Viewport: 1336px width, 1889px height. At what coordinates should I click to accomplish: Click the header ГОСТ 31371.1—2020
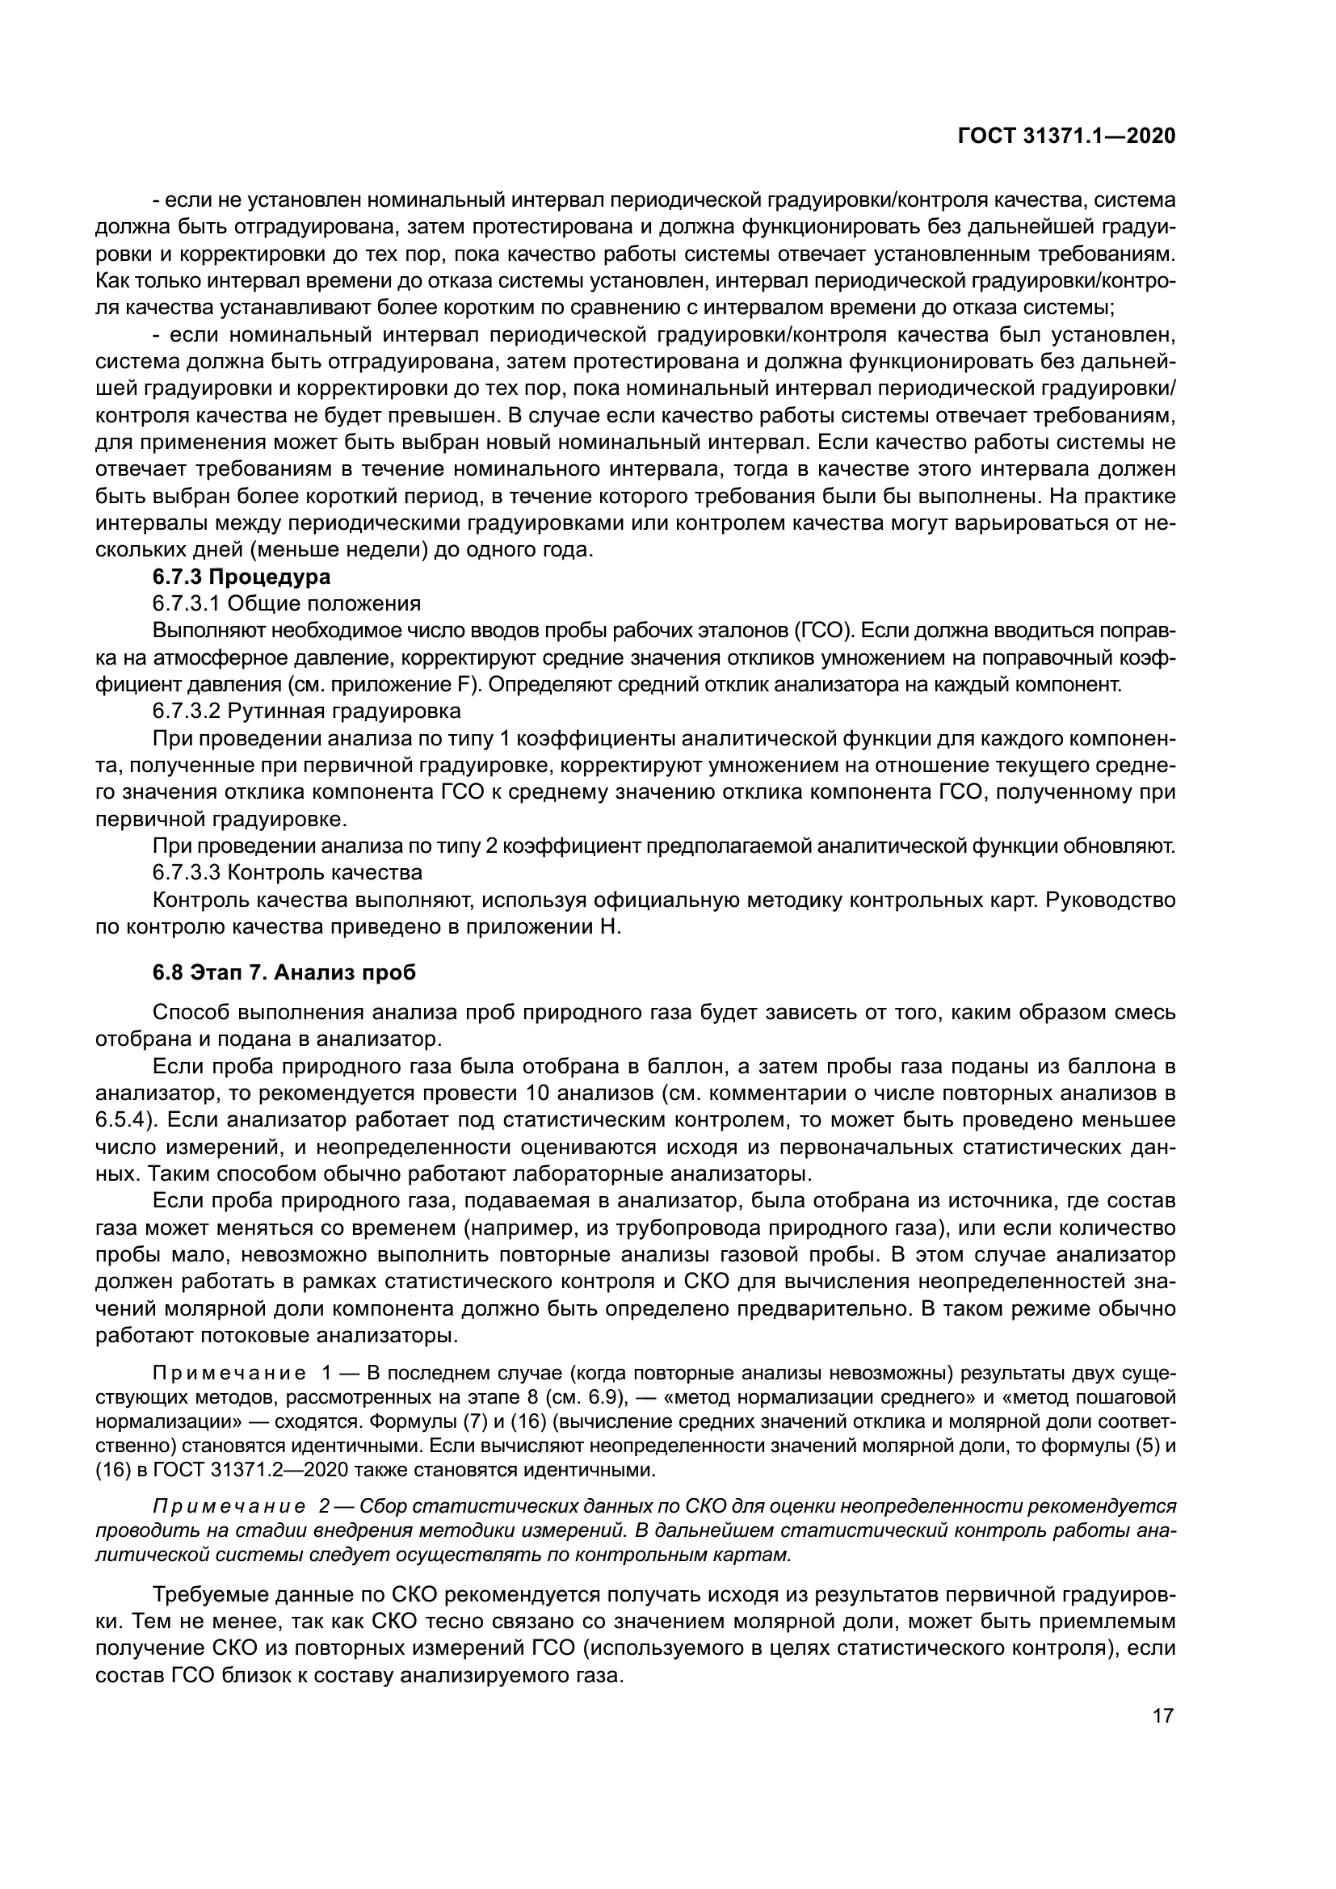(x=1066, y=136)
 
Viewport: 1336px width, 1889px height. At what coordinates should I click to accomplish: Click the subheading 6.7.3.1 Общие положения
(x=286, y=604)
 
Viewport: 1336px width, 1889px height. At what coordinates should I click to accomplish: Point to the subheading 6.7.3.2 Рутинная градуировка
(x=306, y=711)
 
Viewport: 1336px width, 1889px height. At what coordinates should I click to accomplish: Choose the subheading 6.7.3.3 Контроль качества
(x=287, y=872)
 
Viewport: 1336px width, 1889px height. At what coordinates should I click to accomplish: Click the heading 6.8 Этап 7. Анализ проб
(x=284, y=972)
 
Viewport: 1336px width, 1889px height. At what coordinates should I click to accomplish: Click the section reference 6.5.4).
(x=128, y=1121)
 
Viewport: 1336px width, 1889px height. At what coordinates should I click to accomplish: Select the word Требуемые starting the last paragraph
(x=208, y=1595)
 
